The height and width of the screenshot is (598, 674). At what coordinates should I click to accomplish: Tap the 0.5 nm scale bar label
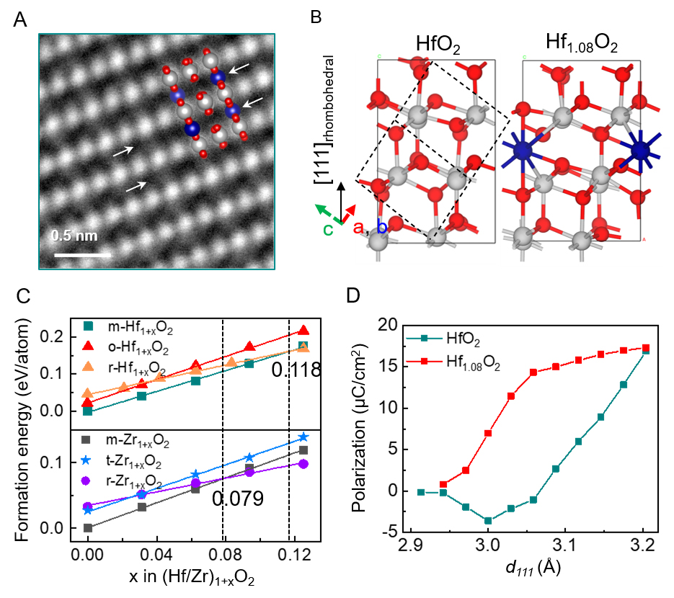[x=74, y=236]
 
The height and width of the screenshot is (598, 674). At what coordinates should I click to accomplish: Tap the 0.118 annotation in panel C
[x=295, y=370]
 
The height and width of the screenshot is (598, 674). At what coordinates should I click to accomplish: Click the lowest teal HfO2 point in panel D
[x=488, y=520]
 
